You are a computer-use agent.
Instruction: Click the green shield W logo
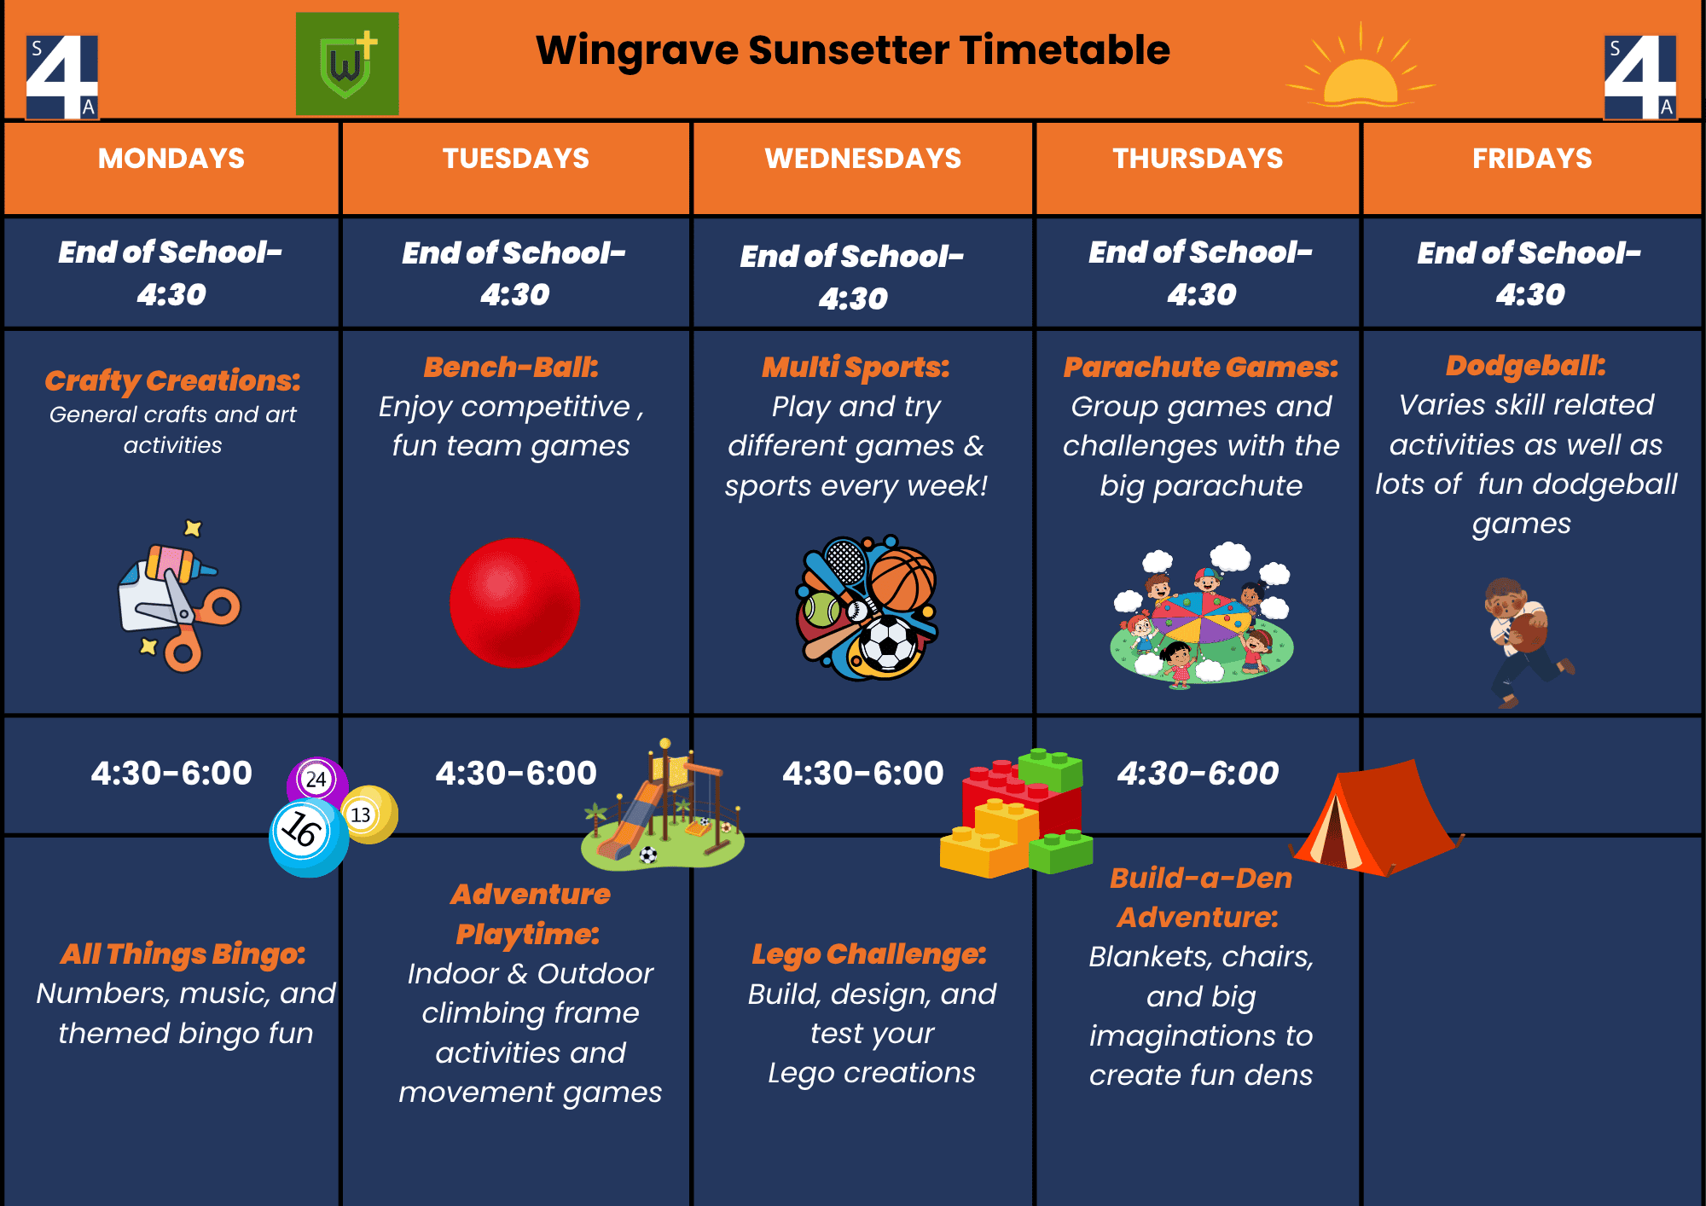(347, 64)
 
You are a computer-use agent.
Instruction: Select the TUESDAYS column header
(516, 159)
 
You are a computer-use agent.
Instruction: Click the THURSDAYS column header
(1198, 159)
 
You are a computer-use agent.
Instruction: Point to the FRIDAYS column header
(1532, 159)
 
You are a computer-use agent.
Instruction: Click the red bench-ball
(514, 603)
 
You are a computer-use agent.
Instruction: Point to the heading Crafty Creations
(173, 380)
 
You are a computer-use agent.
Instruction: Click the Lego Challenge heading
(869, 954)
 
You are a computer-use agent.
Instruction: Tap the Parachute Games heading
(1201, 368)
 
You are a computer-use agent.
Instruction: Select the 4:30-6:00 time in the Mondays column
(171, 774)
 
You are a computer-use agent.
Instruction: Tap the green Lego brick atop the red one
(1051, 770)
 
